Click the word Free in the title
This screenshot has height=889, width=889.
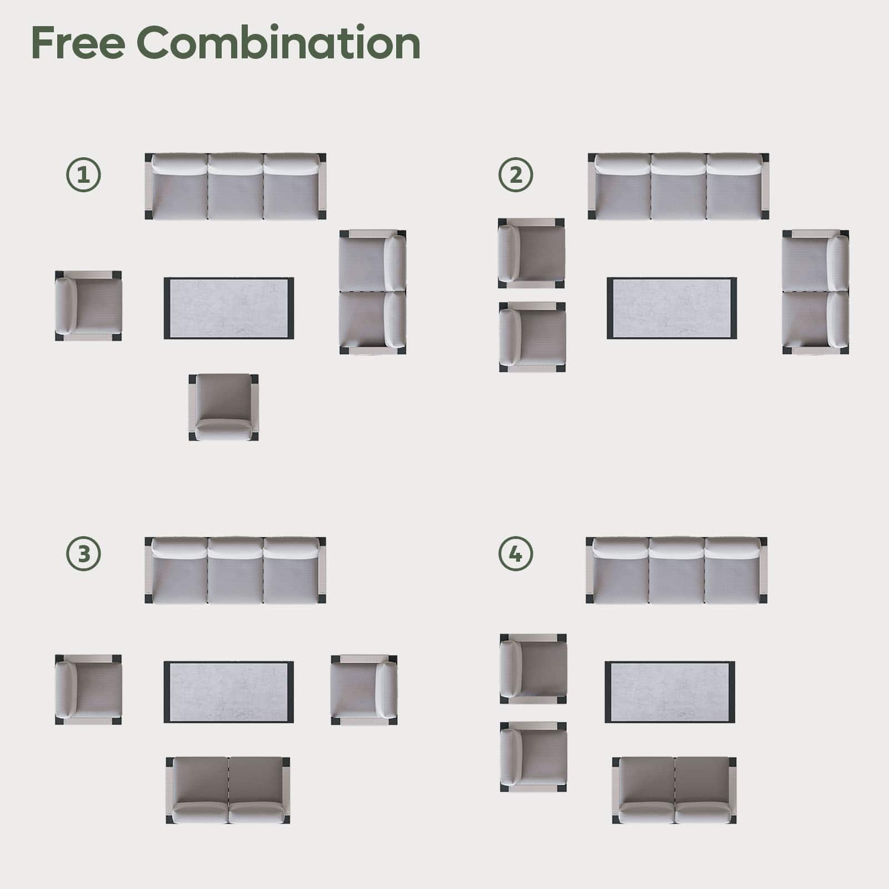78,43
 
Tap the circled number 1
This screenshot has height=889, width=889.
83,176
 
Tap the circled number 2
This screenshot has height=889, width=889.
516,176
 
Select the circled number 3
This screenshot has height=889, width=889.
83,554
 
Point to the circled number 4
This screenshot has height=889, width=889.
516,554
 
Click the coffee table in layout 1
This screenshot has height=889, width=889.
229,308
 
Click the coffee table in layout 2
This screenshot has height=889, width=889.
672,308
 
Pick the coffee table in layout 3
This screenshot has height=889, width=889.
229,692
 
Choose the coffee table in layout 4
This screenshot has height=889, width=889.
670,692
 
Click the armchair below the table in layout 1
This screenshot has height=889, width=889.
223,407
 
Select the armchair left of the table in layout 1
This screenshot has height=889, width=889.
88,306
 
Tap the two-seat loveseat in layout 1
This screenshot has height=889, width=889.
373,292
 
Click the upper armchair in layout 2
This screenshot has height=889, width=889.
532,253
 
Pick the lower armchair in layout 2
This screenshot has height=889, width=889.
532,337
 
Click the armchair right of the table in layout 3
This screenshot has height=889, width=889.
364,690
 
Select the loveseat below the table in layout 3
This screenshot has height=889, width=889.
228,790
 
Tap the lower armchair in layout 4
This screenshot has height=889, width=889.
533,757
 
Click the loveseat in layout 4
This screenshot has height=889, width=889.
675,790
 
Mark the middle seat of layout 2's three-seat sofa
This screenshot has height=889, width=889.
678,186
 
